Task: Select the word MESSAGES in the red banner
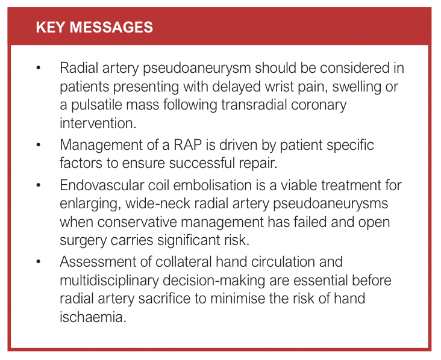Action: point(111,27)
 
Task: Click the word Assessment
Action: point(98,262)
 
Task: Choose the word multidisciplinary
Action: point(110,281)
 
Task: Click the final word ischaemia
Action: point(93,317)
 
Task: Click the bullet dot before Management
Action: point(39,145)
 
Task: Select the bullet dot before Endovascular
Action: point(39,185)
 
